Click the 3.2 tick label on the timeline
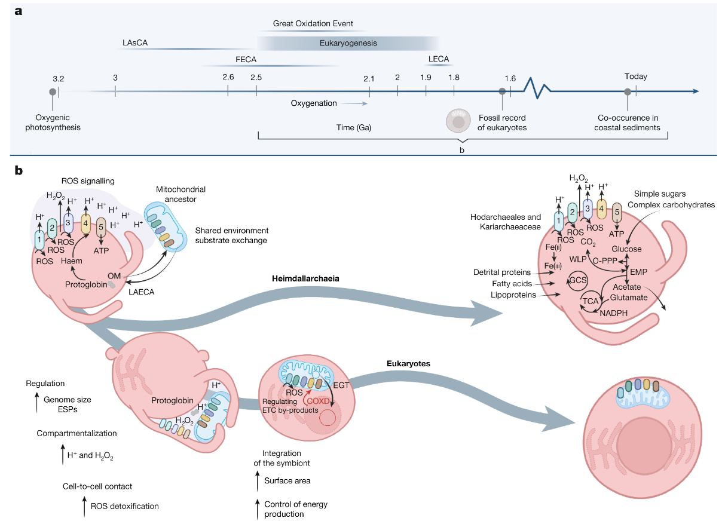58,78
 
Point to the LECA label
439,59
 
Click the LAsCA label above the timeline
134,43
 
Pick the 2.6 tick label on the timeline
228,77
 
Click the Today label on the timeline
635,76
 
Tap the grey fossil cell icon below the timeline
458,121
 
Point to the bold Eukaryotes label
408,363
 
